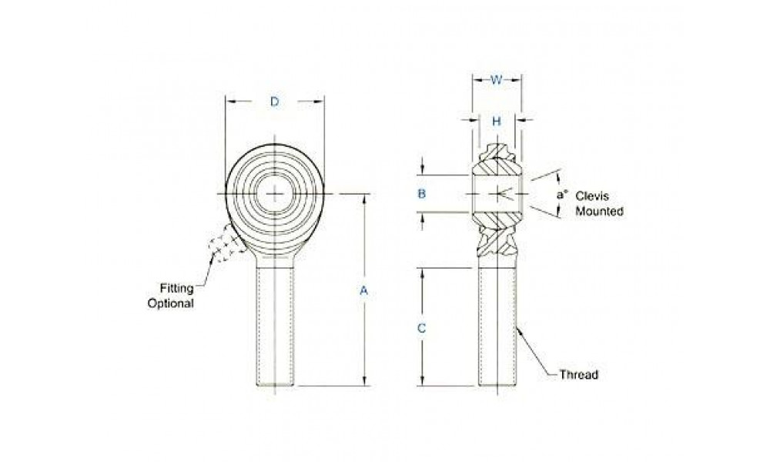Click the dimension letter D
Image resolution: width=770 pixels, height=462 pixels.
click(x=275, y=102)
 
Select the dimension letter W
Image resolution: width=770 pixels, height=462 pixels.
click(x=497, y=80)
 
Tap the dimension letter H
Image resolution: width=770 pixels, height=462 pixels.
click(x=497, y=121)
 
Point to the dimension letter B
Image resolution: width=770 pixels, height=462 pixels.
click(x=421, y=194)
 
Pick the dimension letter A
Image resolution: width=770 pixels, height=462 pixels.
click(x=363, y=290)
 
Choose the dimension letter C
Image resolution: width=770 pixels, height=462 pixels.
click(x=421, y=329)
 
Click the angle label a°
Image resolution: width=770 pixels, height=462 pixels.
click(x=562, y=194)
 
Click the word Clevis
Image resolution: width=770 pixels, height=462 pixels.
click(x=591, y=196)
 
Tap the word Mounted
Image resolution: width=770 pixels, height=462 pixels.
click(x=600, y=211)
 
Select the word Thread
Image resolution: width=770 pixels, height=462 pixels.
click(x=579, y=375)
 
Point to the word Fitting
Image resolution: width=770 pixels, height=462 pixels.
click(x=177, y=288)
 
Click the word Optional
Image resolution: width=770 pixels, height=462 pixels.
click(x=171, y=303)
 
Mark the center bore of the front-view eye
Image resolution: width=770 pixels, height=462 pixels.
click(x=275, y=194)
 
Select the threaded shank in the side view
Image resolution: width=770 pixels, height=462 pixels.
click(x=497, y=326)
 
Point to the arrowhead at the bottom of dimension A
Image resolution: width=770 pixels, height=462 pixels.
click(x=364, y=381)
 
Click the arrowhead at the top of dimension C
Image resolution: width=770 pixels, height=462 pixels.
click(x=422, y=273)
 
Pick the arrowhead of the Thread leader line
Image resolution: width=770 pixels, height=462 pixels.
click(x=519, y=330)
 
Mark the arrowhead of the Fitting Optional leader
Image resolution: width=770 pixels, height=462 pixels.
click(x=213, y=258)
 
